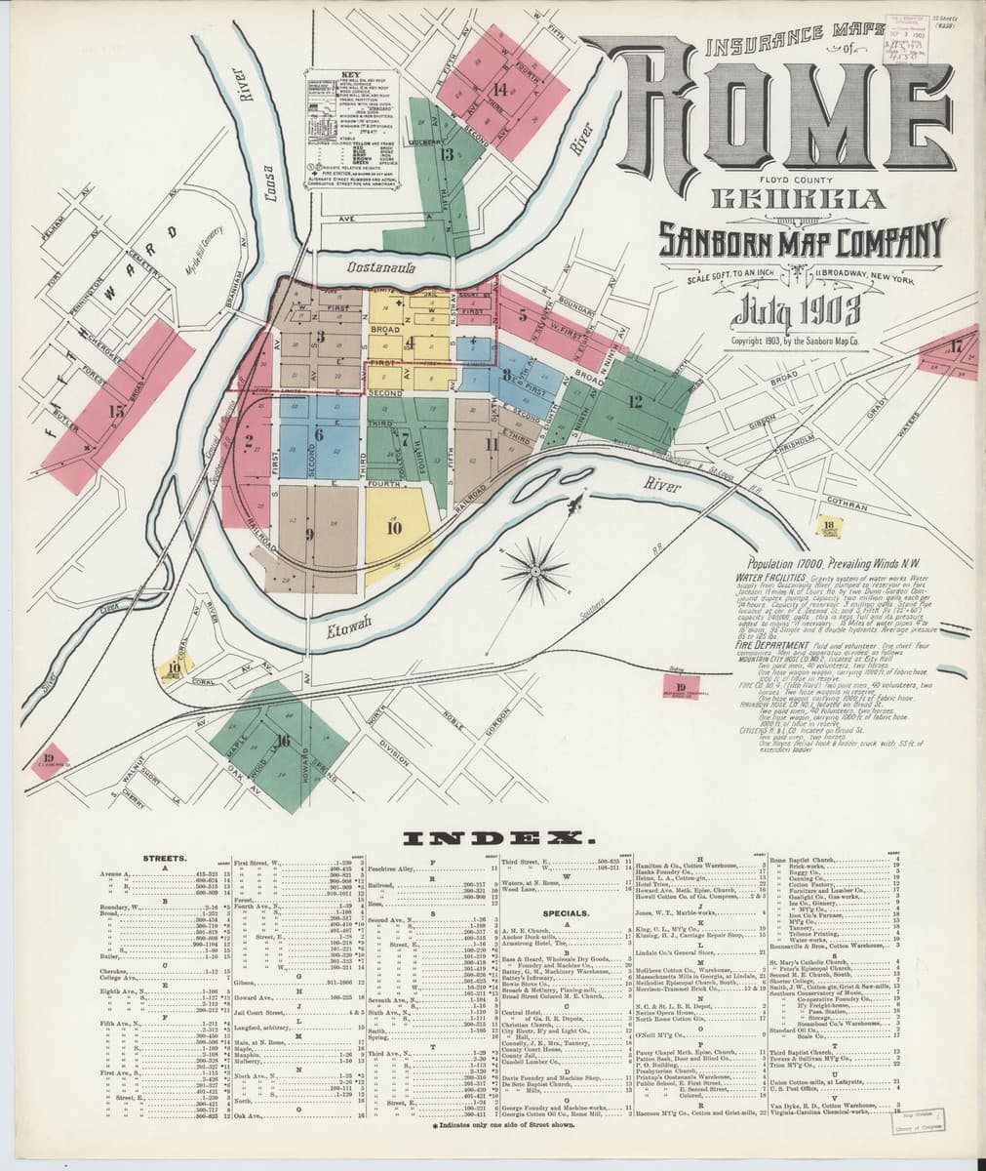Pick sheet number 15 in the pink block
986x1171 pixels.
(x=117, y=411)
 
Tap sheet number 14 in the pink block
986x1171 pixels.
(x=499, y=90)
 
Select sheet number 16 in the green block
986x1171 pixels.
(x=283, y=741)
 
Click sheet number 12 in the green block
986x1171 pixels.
(x=635, y=400)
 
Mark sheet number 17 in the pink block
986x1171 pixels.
(x=956, y=345)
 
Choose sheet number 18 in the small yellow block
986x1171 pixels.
(x=829, y=526)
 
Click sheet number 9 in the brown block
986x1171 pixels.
(x=309, y=533)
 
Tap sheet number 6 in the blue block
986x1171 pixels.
(x=318, y=435)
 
